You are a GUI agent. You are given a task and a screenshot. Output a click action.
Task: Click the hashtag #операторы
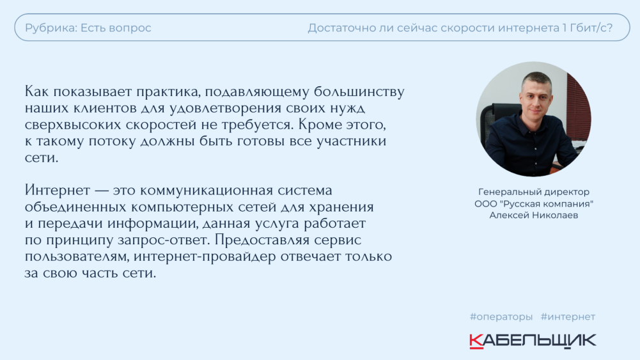(x=501, y=317)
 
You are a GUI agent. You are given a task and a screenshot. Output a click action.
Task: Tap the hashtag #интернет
(x=568, y=317)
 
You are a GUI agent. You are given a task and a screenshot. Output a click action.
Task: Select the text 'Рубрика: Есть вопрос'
(x=88, y=28)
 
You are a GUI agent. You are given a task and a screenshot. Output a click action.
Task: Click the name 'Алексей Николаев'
(x=534, y=215)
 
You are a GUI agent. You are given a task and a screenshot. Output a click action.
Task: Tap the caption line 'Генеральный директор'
(x=534, y=192)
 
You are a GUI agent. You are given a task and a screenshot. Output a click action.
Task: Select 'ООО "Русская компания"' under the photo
(x=534, y=204)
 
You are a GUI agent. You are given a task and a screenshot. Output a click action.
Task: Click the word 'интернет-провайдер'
(x=205, y=257)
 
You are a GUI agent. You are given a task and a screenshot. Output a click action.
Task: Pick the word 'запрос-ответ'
(x=164, y=240)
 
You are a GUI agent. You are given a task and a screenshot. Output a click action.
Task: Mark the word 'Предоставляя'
(x=262, y=240)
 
